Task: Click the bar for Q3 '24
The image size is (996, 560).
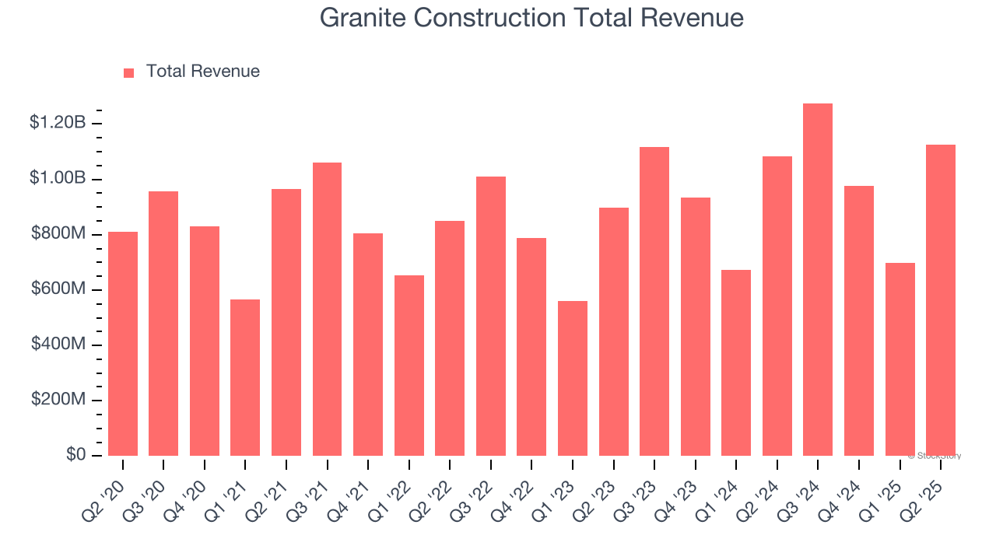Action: click(818, 280)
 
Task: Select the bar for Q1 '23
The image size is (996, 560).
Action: click(573, 379)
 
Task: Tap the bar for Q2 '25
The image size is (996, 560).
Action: click(941, 300)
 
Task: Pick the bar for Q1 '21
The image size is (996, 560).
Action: click(245, 378)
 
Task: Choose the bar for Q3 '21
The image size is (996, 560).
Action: click(327, 310)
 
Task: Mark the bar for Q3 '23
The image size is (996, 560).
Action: click(654, 302)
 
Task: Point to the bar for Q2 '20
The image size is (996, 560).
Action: click(123, 344)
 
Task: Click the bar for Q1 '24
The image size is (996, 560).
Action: click(736, 363)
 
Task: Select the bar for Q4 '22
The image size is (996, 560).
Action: click(531, 347)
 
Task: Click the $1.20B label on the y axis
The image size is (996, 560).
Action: click(58, 123)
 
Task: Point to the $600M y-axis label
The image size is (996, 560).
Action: click(58, 289)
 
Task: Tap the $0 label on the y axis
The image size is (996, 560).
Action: click(75, 455)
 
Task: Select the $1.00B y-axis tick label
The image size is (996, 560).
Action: click(58, 178)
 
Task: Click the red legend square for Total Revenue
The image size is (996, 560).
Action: click(129, 72)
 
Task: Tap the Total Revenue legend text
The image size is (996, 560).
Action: click(203, 72)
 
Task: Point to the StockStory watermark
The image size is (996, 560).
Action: click(935, 456)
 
